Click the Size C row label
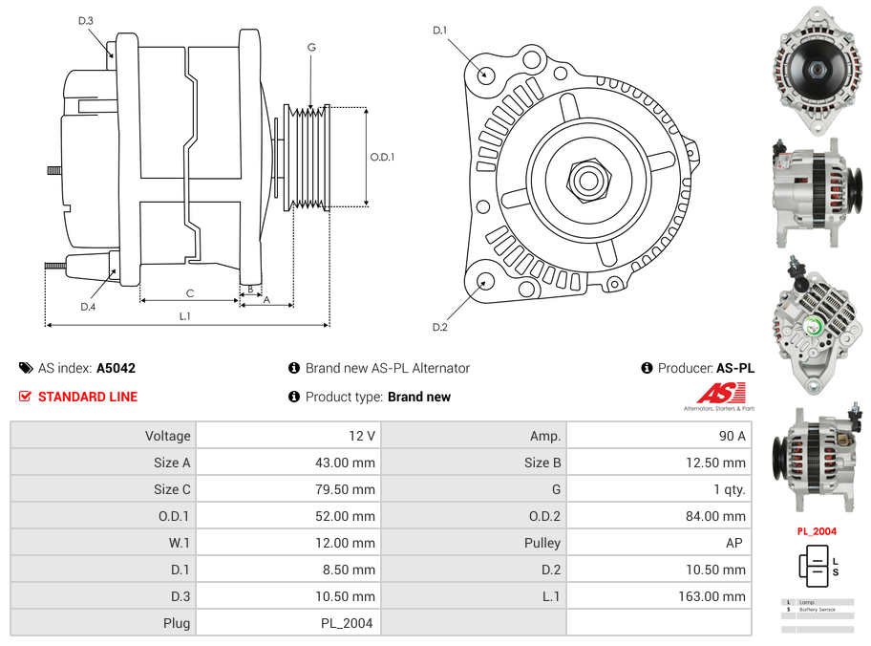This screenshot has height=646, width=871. click(172, 489)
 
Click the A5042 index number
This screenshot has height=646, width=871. click(116, 368)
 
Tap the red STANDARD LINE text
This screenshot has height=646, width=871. click(88, 397)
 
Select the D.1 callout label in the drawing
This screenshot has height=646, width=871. click(439, 31)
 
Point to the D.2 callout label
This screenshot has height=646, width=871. click(439, 328)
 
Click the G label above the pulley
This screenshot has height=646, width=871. click(311, 47)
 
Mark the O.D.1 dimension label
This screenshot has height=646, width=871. click(382, 157)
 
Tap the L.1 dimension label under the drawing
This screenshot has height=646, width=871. click(185, 315)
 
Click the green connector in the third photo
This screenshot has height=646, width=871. click(814, 325)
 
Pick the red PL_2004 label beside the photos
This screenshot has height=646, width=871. click(817, 531)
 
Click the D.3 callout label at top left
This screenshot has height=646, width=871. click(86, 21)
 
